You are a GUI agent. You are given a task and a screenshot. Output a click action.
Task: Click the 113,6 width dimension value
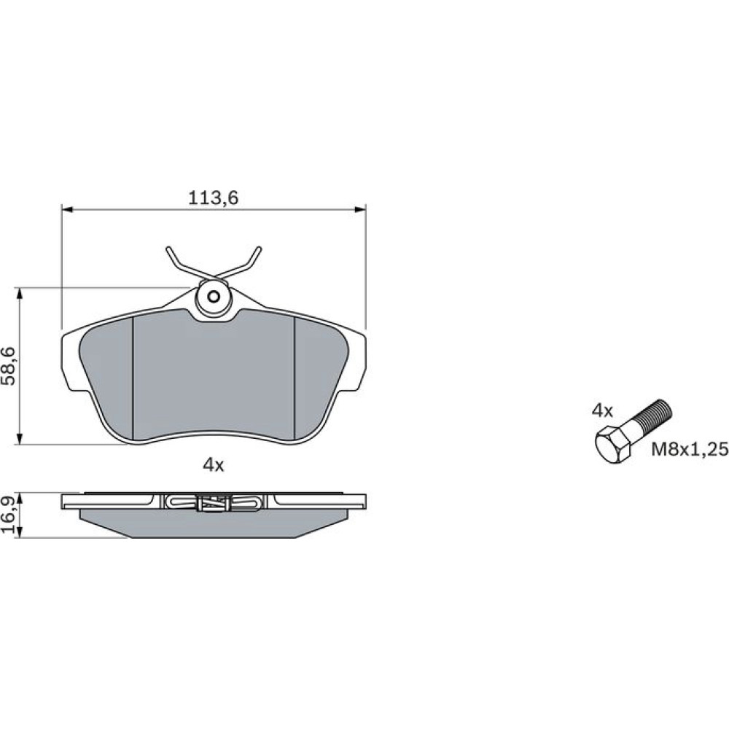213,198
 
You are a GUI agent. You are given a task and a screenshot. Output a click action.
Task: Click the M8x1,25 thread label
689,449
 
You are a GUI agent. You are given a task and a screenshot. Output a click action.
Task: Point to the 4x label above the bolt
603,410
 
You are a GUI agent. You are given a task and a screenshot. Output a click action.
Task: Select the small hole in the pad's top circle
214,296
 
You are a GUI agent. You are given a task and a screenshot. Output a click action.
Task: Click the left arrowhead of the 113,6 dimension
67,210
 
